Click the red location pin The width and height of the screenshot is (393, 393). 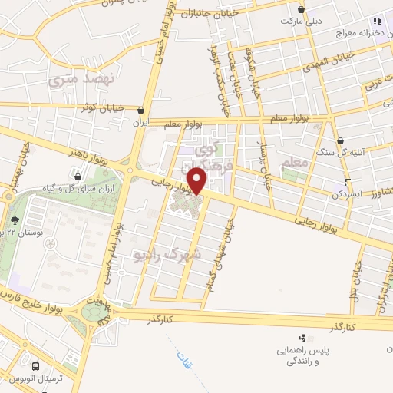199,181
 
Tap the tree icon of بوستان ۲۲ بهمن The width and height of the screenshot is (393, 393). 15,220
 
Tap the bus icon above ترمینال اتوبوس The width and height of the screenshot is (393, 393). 36,366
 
